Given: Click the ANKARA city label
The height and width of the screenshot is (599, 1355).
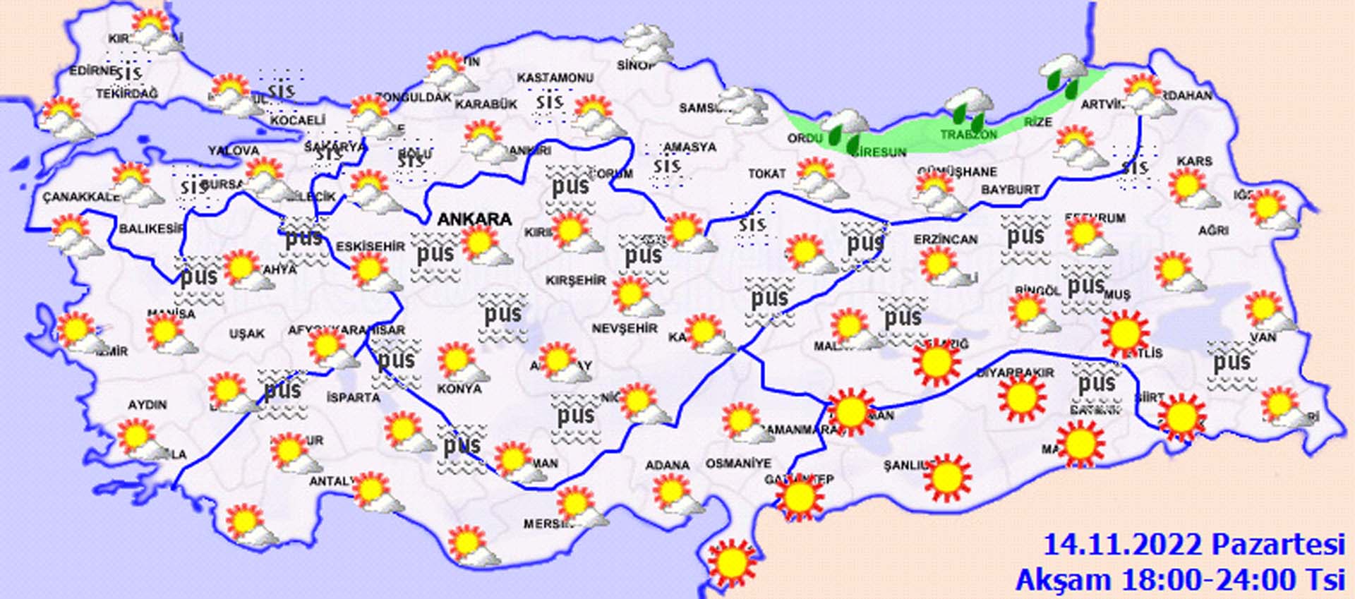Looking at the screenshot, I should (474, 219).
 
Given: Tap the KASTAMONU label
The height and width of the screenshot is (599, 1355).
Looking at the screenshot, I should (555, 78).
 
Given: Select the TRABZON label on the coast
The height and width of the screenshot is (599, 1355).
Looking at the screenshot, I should (968, 134).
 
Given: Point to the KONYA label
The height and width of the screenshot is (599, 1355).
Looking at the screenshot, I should (459, 389).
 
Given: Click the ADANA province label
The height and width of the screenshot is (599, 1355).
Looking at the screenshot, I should (667, 465).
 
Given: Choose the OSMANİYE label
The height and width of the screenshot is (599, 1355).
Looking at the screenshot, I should (738, 464).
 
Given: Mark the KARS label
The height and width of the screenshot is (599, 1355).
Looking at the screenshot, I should (1194, 162).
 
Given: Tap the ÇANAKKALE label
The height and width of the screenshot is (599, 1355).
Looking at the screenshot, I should (80, 197).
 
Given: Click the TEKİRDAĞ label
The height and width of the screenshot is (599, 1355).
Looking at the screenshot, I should (127, 93).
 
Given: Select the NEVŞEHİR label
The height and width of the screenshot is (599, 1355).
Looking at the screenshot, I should (625, 328).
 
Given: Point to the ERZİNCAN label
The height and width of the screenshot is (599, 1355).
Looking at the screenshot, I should (946, 240).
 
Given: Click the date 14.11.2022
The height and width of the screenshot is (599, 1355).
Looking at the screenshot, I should (1123, 545).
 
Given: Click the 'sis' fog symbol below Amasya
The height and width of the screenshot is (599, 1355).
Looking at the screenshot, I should (667, 167).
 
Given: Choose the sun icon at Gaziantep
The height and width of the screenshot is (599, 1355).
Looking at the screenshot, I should (799, 497).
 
